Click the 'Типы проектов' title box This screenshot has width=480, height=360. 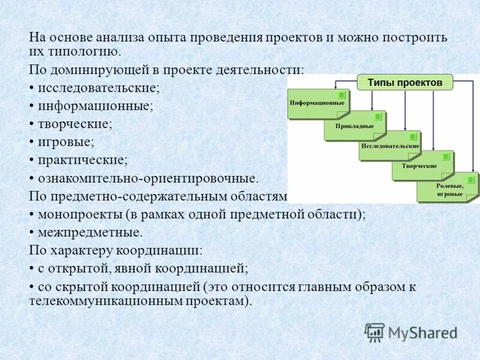(405, 82)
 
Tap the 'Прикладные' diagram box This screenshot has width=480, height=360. (354, 126)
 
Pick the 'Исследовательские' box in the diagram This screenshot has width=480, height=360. (389, 146)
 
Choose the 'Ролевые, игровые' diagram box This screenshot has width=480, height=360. (448, 190)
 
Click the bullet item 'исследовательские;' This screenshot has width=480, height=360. (98, 88)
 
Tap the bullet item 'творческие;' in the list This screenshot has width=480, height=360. (75, 124)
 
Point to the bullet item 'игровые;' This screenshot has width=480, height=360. (66, 142)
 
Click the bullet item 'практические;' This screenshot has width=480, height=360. (83, 160)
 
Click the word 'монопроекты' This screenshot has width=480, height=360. (74, 214)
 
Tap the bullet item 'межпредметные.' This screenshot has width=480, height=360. (91, 232)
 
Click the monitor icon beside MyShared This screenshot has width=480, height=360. (374, 332)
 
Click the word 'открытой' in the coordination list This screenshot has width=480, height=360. (71, 268)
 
